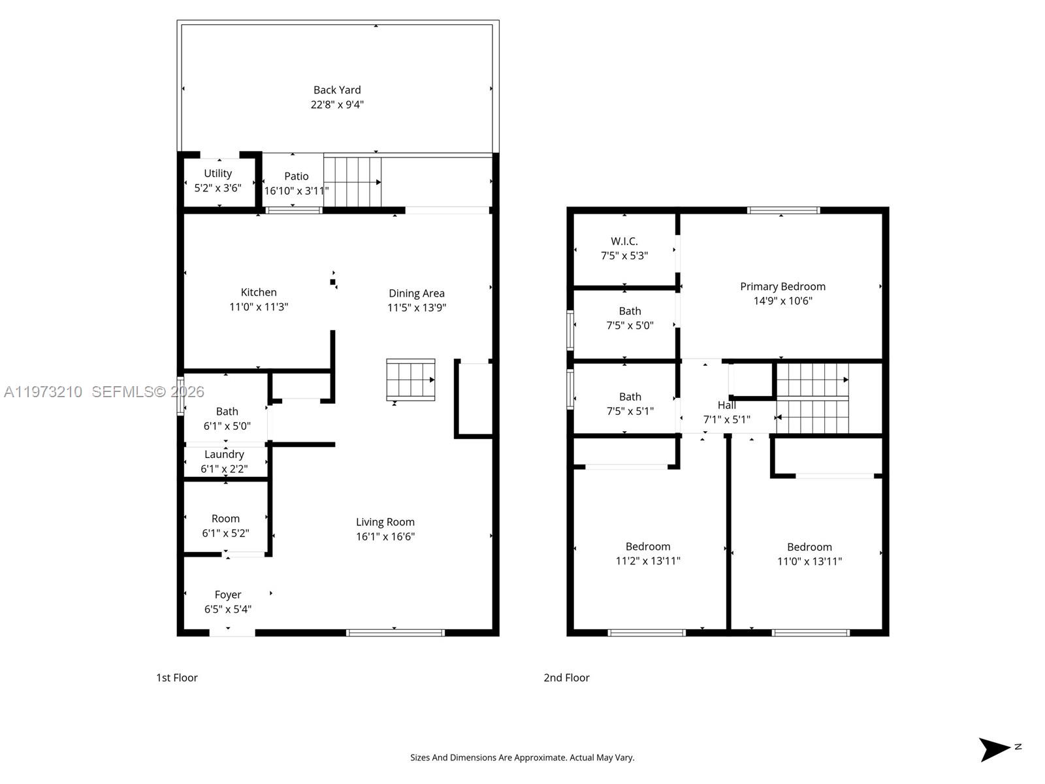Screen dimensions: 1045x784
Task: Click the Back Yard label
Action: [337, 90]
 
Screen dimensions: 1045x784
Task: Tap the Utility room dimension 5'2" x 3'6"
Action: [217, 188]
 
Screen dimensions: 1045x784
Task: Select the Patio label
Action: [296, 176]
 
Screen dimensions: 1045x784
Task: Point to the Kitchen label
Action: [259, 292]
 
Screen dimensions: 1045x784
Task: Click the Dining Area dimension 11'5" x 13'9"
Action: [417, 308]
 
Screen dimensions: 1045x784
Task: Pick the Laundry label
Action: [224, 455]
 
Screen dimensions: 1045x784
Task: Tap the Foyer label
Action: [227, 595]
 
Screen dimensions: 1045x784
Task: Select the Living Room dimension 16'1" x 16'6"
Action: [385, 536]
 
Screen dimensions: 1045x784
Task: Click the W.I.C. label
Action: [624, 241]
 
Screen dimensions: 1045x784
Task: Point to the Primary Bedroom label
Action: [782, 287]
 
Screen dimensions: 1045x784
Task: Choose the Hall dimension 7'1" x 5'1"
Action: [726, 419]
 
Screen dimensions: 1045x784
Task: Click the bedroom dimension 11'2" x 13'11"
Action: [648, 561]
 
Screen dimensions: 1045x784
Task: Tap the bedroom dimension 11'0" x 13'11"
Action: [809, 561]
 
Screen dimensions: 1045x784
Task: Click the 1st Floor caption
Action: [176, 678]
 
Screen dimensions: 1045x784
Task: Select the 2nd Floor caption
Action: [566, 678]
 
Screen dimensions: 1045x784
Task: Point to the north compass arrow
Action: [993, 750]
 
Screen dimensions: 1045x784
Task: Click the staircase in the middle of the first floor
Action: [410, 380]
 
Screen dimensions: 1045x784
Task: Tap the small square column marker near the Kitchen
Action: [333, 282]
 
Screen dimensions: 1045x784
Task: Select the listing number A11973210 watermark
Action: [43, 392]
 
